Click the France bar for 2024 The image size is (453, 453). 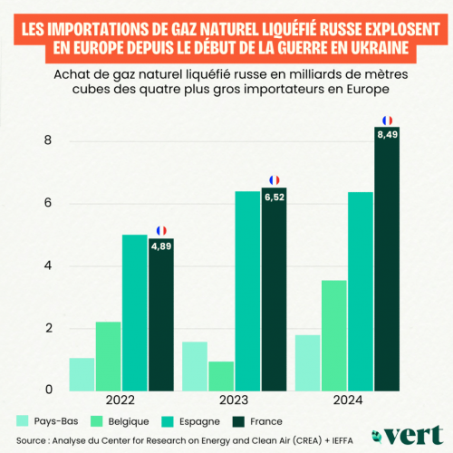point(387,263)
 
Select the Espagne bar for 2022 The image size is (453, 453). point(135,313)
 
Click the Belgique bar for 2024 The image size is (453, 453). point(334,335)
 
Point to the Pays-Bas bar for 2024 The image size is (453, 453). point(308,362)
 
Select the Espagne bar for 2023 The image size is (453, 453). point(247,291)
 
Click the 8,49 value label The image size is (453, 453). point(387,139)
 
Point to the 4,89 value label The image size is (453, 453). point(161,246)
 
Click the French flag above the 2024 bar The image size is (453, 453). point(387,120)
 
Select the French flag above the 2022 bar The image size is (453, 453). point(161,230)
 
